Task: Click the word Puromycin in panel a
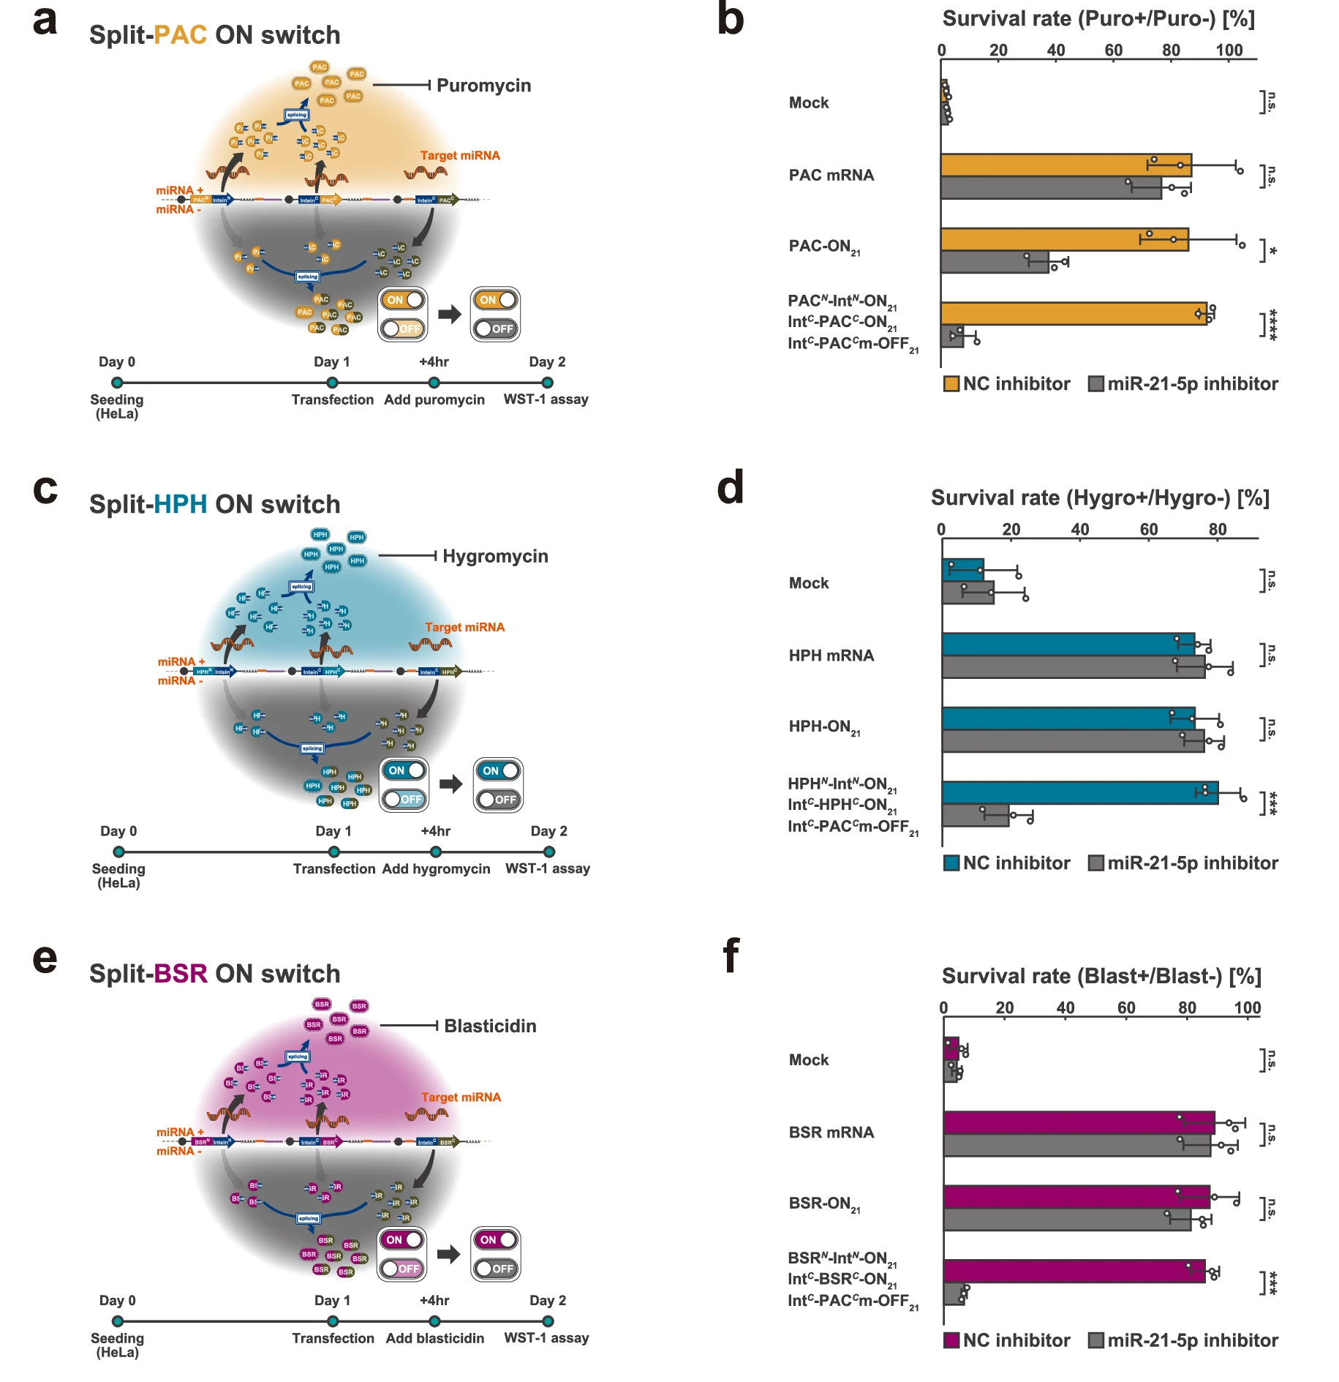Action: point(483,86)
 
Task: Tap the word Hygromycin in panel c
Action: point(495,556)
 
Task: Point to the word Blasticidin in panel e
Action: point(490,1026)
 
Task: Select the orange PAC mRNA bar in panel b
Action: point(1065,165)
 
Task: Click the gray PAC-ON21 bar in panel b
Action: point(994,262)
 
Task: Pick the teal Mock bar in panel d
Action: point(962,570)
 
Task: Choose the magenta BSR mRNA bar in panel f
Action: point(1078,1122)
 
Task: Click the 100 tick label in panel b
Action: point(1229,50)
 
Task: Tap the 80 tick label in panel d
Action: point(1217,530)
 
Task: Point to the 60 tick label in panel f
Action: point(1126,1008)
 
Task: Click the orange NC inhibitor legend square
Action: point(951,384)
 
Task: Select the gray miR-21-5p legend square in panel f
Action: point(1095,1340)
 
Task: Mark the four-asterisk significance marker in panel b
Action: point(1272,324)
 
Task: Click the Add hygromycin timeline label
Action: point(436,869)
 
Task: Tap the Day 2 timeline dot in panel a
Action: point(547,383)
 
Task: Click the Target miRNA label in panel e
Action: point(461,1097)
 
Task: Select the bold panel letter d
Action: point(730,488)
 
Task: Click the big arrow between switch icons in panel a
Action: point(449,315)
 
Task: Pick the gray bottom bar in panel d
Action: point(975,815)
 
